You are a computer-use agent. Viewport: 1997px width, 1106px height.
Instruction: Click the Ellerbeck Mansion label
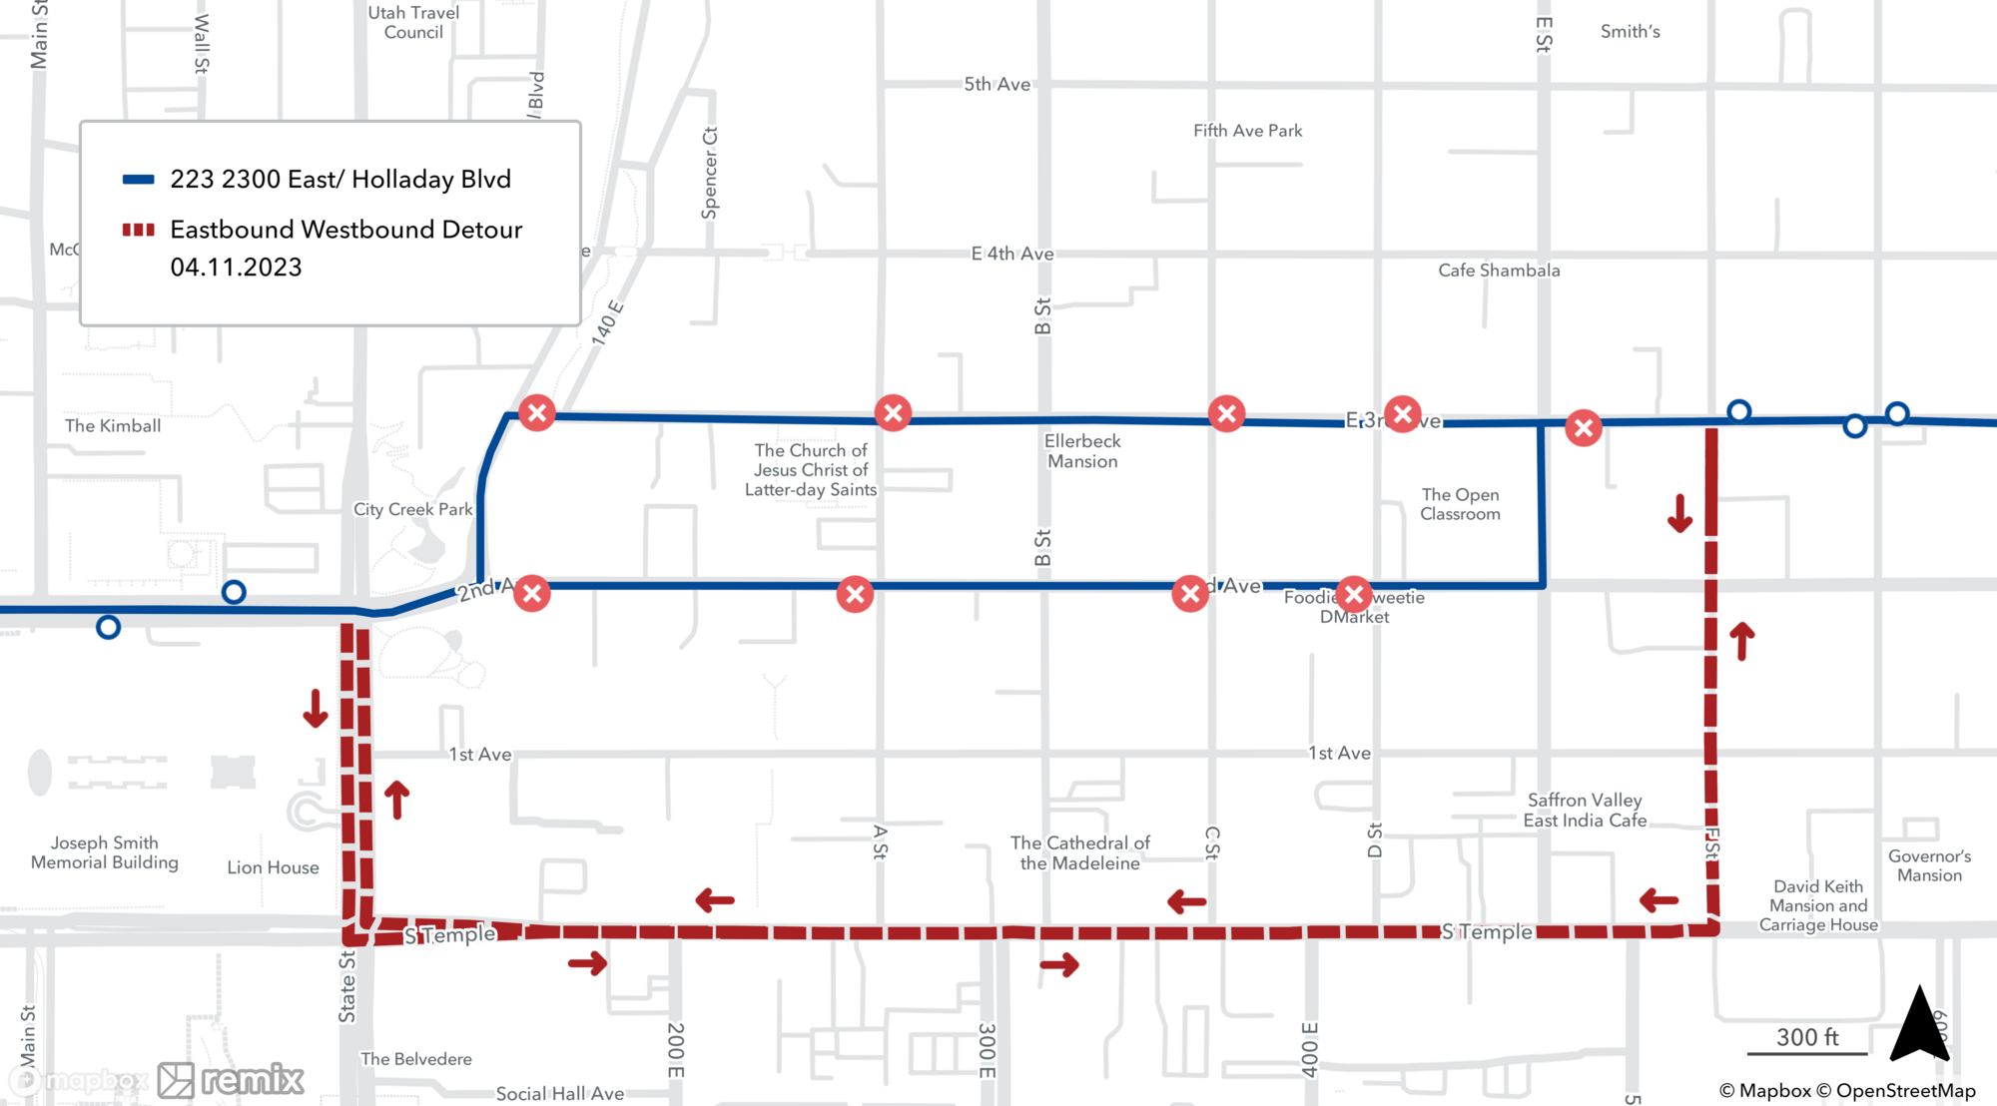(1082, 451)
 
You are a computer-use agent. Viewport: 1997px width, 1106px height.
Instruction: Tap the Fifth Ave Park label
(1247, 131)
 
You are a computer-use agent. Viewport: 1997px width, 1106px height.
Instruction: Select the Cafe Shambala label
(1498, 271)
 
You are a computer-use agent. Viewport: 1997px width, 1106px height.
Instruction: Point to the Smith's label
(1630, 32)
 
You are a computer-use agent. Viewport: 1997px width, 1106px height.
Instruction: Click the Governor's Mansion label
(1929, 865)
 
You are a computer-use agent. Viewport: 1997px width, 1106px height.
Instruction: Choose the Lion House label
(273, 867)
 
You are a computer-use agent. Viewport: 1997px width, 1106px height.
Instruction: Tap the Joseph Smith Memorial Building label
(105, 852)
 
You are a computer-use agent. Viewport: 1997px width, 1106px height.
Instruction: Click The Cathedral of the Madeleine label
(1079, 853)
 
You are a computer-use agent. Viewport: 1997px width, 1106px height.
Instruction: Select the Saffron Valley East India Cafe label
(1585, 811)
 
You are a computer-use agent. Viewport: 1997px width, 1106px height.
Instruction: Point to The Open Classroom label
(1460, 504)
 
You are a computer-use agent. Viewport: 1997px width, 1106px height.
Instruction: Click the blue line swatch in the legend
(138, 180)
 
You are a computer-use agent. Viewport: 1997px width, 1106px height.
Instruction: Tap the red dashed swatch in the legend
(138, 230)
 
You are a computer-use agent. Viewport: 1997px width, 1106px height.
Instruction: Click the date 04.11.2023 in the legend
(236, 268)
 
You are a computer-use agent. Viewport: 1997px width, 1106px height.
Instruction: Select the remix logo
(232, 1080)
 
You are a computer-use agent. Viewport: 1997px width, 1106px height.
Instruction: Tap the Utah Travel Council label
(413, 22)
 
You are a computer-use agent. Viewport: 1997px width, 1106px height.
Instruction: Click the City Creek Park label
(412, 509)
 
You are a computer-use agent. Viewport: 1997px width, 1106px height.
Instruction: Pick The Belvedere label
(415, 1059)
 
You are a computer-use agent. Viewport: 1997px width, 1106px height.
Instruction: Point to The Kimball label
(113, 426)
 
